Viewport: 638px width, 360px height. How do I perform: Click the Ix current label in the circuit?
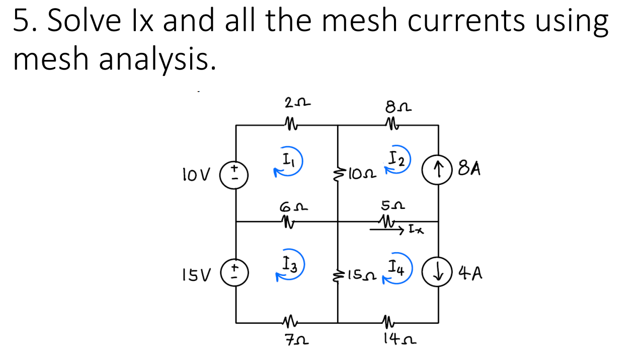pos(416,231)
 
